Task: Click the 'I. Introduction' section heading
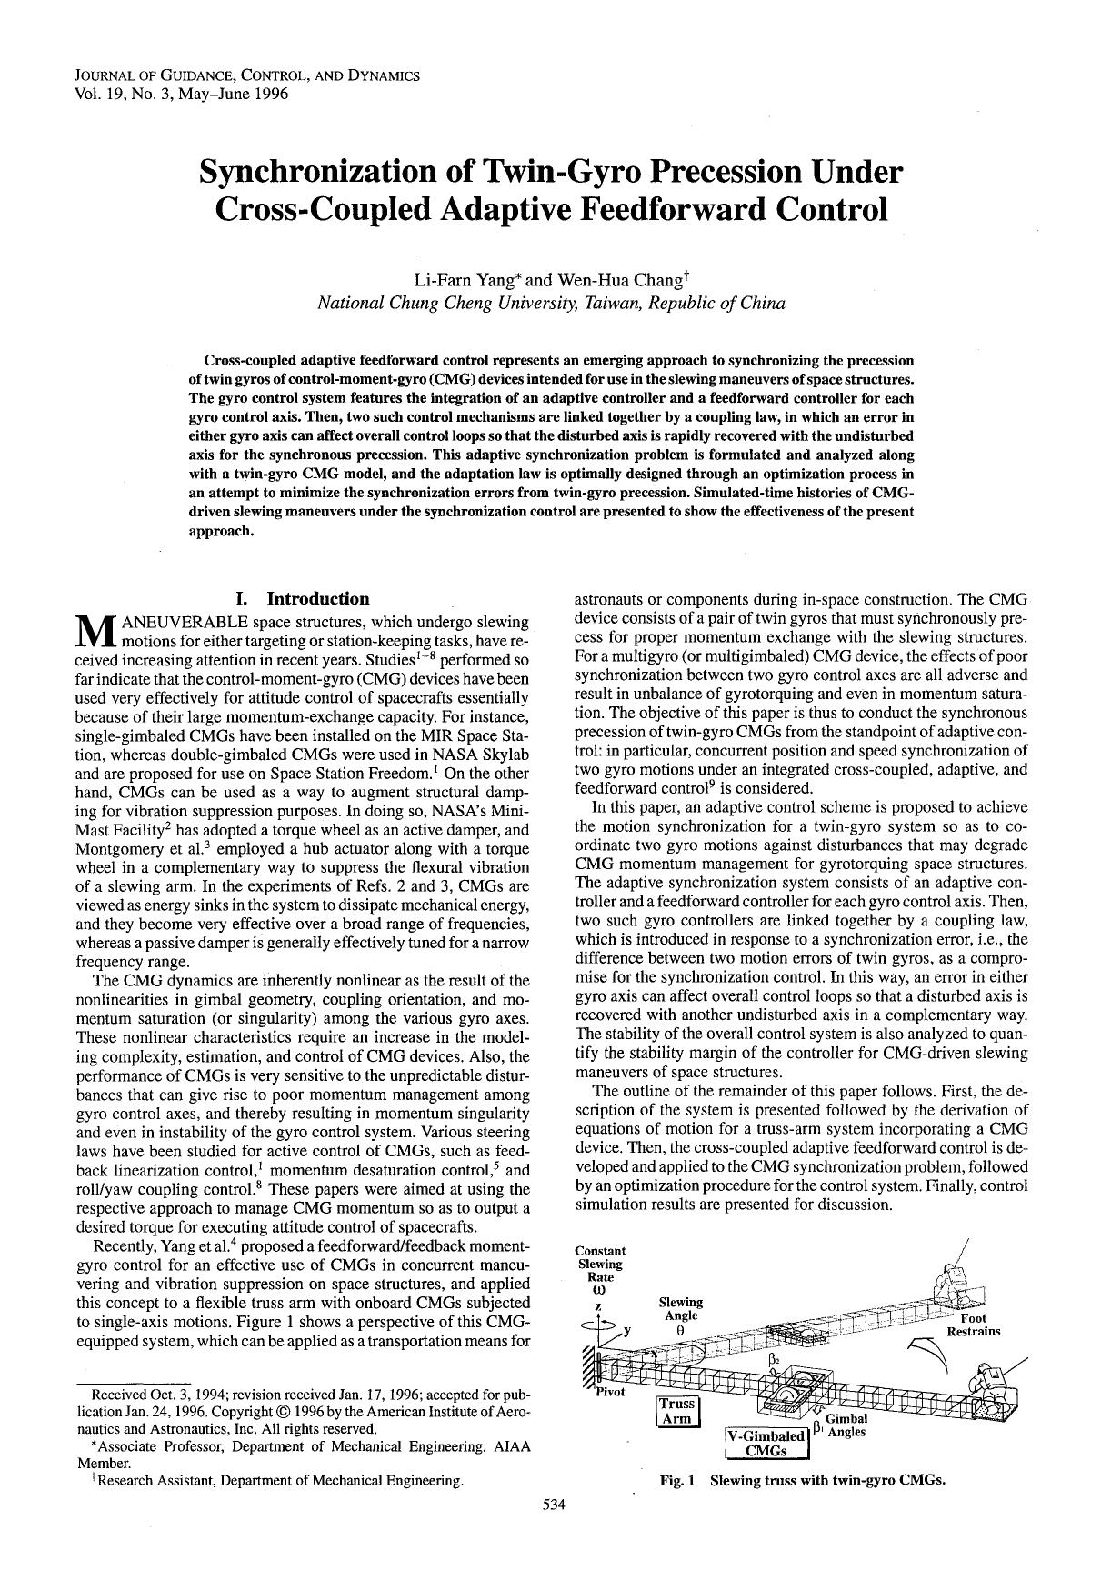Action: (302, 598)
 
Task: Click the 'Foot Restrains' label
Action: (973, 1325)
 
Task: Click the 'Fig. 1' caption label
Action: (676, 1479)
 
